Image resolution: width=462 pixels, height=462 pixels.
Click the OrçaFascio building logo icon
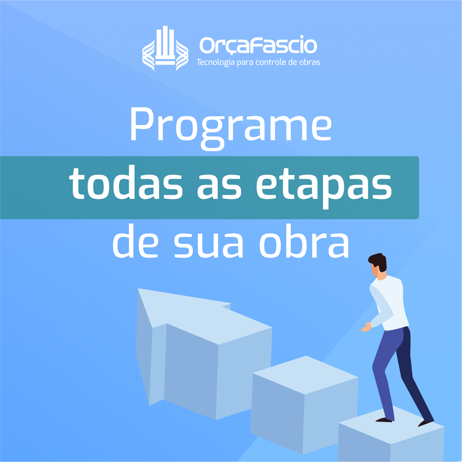pos(165,49)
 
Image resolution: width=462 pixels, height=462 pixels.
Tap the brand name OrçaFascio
pos(258,45)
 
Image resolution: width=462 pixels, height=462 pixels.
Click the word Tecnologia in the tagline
pos(216,62)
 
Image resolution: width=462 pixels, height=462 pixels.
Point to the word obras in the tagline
pos(310,62)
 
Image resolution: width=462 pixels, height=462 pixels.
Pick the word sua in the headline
pos(209,245)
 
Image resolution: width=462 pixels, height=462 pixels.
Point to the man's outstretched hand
pos(366,327)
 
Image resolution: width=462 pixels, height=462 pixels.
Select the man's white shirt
pos(388,303)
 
